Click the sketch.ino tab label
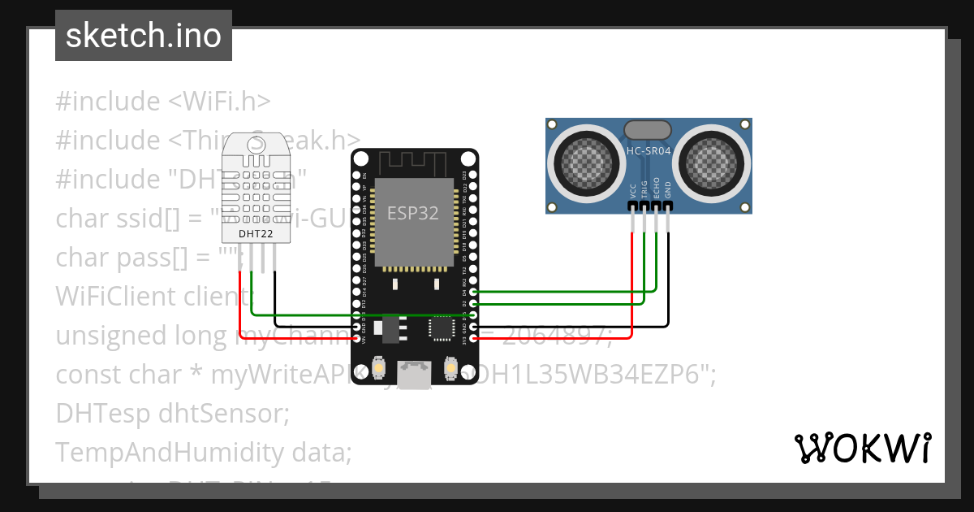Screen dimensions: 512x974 (143, 36)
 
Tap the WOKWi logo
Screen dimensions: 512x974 (861, 448)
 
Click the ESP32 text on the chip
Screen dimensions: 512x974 (412, 214)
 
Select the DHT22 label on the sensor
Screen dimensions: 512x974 (254, 234)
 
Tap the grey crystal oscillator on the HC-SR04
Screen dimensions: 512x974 (647, 128)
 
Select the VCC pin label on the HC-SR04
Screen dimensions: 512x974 (633, 191)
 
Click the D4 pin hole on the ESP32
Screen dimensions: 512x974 (473, 291)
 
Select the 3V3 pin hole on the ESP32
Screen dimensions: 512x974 (473, 336)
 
